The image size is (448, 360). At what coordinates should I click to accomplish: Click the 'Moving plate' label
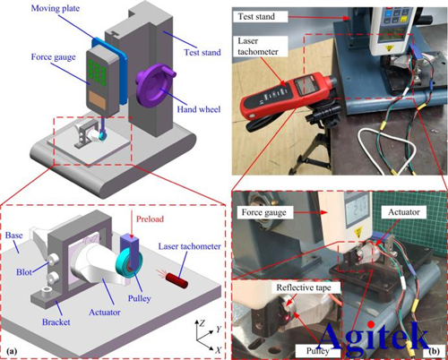[x=56, y=8]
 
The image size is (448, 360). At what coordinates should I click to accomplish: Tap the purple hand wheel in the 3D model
[x=155, y=85]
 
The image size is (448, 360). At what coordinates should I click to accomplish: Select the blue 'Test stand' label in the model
[x=202, y=53]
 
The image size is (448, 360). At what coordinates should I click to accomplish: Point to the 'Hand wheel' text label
[x=199, y=109]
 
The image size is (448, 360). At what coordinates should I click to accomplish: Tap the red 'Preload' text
[x=150, y=219]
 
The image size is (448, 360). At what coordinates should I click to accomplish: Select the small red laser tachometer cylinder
[x=177, y=280]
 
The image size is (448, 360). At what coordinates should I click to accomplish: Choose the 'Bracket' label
[x=56, y=322]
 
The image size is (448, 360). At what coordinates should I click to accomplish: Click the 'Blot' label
[x=24, y=272]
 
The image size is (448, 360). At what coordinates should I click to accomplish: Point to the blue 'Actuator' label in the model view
[x=105, y=313]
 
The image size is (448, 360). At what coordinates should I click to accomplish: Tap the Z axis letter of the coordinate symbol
[x=202, y=323]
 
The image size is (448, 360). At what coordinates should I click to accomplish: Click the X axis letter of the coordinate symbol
[x=219, y=350]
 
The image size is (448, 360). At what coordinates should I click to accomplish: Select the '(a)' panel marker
[x=12, y=351]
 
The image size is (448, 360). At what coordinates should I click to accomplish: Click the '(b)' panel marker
[x=434, y=351]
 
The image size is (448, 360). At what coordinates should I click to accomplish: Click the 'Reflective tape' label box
[x=304, y=287]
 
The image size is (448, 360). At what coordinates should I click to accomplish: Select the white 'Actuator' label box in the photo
[x=404, y=212]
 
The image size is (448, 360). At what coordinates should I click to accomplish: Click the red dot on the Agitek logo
[x=371, y=324]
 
